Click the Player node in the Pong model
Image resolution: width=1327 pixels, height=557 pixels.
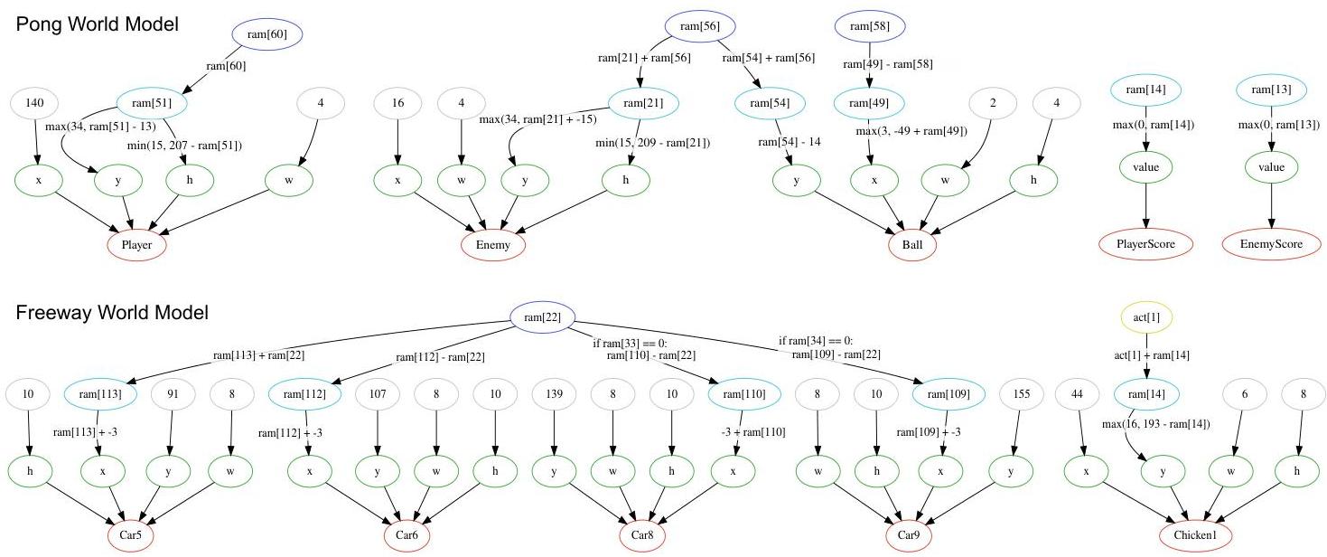[136, 245]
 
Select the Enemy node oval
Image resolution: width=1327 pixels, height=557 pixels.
[492, 245]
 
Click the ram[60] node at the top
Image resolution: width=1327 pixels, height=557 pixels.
[266, 34]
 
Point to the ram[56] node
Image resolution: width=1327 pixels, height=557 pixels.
[698, 26]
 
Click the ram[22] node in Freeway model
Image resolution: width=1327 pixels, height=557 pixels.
[541, 316]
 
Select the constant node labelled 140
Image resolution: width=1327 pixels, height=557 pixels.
[36, 102]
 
